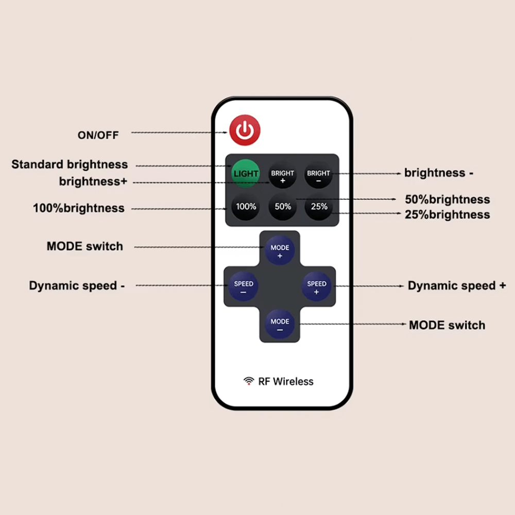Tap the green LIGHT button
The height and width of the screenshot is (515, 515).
click(x=246, y=173)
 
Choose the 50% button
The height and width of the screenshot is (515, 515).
click(x=283, y=207)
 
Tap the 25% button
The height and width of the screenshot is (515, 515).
click(x=319, y=207)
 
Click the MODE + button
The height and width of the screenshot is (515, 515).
click(x=280, y=250)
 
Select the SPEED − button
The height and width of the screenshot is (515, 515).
click(x=244, y=287)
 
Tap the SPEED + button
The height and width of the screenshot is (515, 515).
click(x=316, y=287)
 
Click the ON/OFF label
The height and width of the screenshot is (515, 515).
click(x=98, y=135)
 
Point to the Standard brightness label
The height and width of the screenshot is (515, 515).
click(x=70, y=165)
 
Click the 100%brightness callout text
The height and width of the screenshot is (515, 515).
click(x=79, y=209)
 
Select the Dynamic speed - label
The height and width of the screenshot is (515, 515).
click(x=77, y=286)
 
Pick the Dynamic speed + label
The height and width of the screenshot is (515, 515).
click(x=457, y=286)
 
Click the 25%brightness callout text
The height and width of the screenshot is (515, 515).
click(x=447, y=215)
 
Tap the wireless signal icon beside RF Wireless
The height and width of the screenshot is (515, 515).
click(x=249, y=381)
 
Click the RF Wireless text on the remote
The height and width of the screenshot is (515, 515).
click(x=286, y=382)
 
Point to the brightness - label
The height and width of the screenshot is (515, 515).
click(x=438, y=173)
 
